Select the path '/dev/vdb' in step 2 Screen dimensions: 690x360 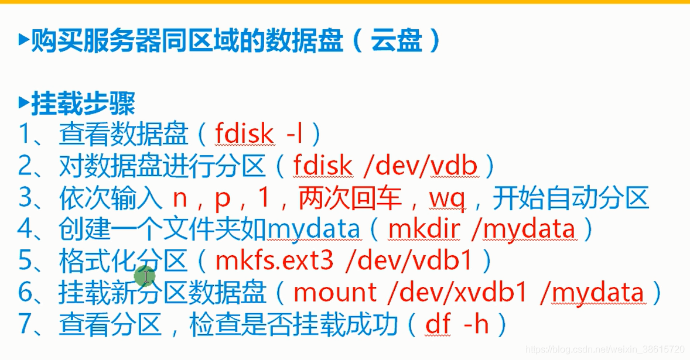point(421,167)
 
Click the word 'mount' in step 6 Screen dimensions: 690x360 point(336,292)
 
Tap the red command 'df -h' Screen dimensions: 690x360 point(457,324)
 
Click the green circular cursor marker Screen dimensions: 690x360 point(145,275)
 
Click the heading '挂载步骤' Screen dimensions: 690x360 point(83,104)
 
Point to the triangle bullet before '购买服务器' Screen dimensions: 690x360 point(23,40)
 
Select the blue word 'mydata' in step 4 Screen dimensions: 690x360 point(314,229)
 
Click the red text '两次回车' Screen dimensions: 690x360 point(350,198)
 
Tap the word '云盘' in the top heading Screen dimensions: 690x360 point(397,41)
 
